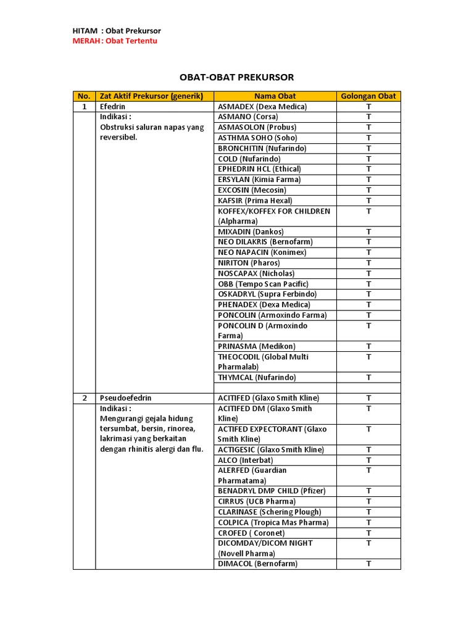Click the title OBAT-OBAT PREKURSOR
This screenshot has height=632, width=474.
pos(237,77)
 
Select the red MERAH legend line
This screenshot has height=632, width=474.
pos(115,41)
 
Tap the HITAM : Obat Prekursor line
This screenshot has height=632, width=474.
pos(117,31)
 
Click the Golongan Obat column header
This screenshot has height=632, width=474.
pos(368,96)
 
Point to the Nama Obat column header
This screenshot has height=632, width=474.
pos(275,96)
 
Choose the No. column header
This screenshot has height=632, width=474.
pos(84,96)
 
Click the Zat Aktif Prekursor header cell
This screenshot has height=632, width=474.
pos(154,96)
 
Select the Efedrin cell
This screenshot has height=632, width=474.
pos(112,106)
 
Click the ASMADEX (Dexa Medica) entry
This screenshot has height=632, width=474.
pos(262,106)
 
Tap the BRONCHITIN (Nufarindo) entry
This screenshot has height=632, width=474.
pos(262,148)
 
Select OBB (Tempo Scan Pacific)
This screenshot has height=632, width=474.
pos(263,284)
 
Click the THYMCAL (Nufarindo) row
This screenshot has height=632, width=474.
pos(257,377)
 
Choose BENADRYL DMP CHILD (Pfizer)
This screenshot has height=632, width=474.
pos(272,491)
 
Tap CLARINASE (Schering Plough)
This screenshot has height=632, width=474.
pos(270,512)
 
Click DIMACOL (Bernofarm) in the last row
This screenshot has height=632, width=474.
pos(257,564)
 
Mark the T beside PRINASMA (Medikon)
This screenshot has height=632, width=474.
pos(368,346)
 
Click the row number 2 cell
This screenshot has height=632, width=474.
pos(84,398)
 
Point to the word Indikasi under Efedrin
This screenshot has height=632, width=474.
pos(115,117)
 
